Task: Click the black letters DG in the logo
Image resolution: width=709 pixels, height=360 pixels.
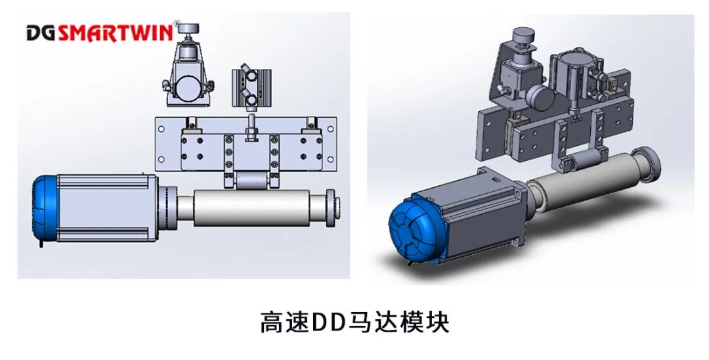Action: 41,32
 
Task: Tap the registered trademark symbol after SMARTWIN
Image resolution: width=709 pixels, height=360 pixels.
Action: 175,25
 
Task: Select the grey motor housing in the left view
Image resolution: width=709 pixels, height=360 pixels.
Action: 108,207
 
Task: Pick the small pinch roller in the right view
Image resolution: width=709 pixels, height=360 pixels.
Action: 579,160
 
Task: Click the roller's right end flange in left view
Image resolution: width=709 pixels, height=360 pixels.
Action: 333,206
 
